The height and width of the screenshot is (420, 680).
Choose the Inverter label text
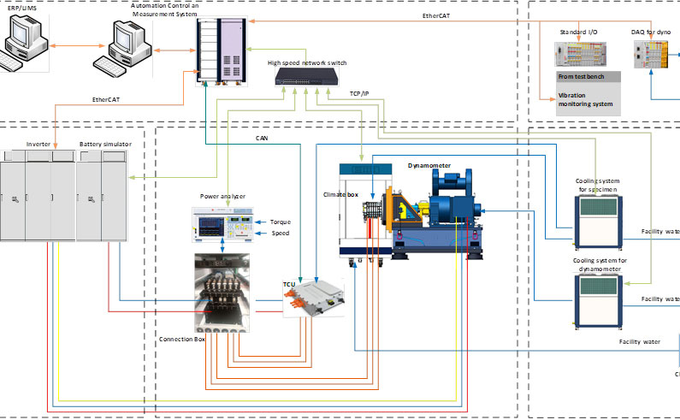click(38, 145)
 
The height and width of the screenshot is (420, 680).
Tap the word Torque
click(281, 222)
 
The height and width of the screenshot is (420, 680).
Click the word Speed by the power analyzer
click(281, 232)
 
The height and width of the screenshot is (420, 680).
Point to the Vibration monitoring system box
click(586, 100)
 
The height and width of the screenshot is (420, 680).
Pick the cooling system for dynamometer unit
click(603, 299)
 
